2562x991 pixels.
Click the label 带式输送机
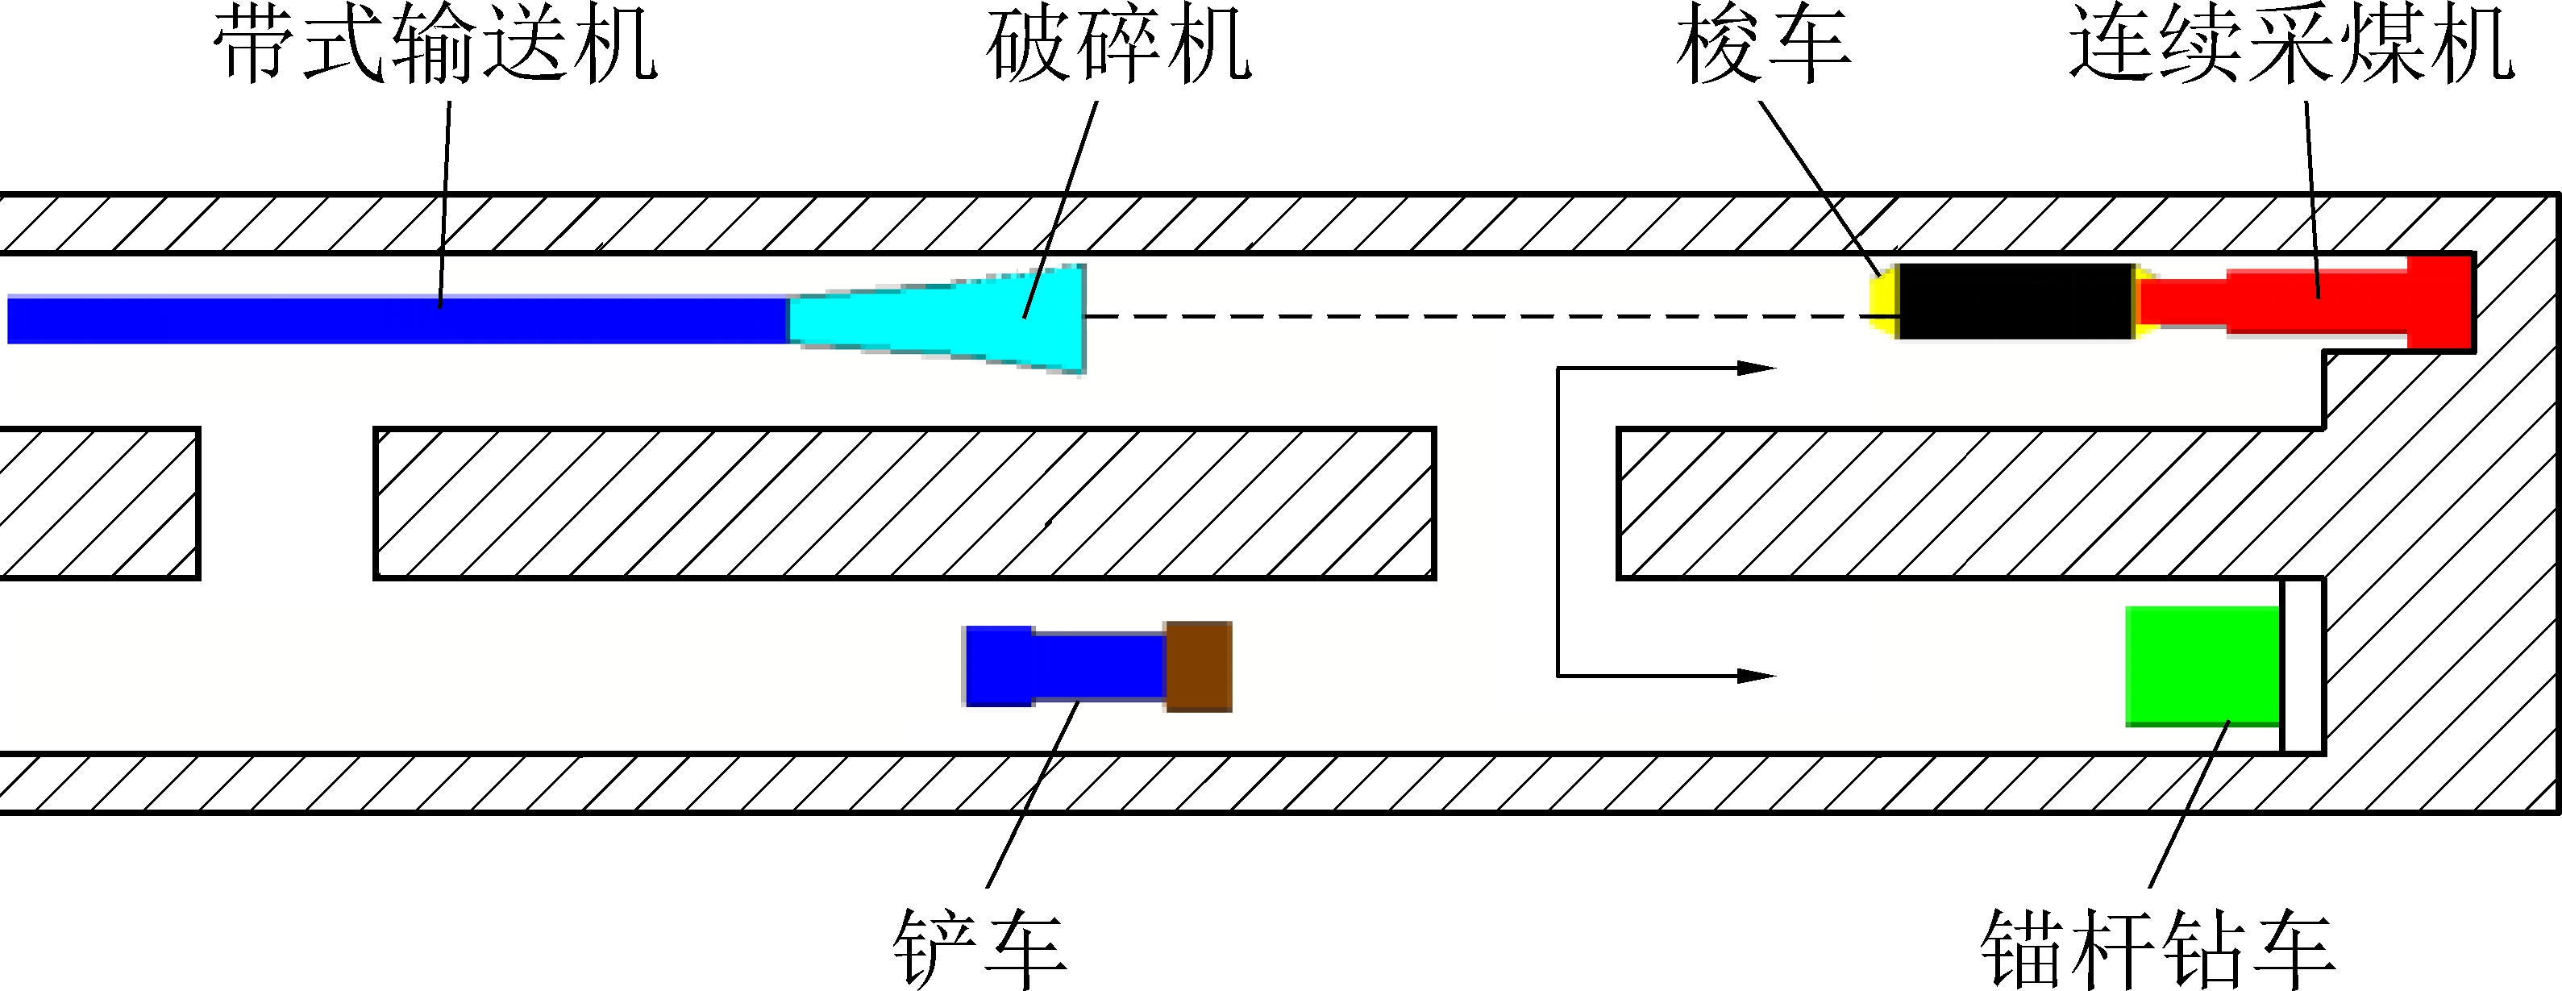(435, 45)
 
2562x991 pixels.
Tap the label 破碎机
(1118, 45)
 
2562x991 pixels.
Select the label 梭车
(1762, 45)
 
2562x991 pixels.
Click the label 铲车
(979, 947)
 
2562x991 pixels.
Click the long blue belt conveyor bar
(397, 319)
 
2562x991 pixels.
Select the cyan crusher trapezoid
(955, 319)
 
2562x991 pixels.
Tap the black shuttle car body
(2016, 302)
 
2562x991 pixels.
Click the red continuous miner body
(2288, 302)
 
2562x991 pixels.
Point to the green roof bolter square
(2202, 664)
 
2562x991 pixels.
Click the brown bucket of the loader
(1199, 666)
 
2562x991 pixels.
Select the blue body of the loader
(1064, 666)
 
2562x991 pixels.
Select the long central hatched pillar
(905, 503)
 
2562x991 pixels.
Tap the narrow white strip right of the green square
(2302, 664)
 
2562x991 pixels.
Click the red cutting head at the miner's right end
(2439, 302)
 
